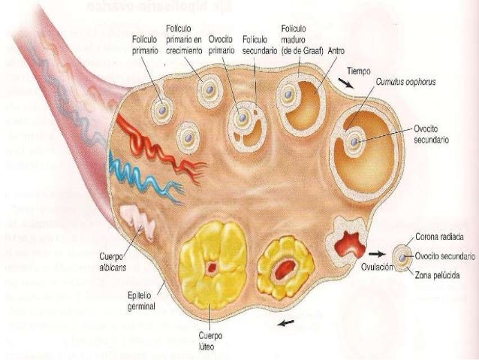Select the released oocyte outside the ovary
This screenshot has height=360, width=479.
tap(403, 256)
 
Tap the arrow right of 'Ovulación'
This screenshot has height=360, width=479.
tap(381, 256)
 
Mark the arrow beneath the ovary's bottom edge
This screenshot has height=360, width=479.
tap(285, 324)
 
